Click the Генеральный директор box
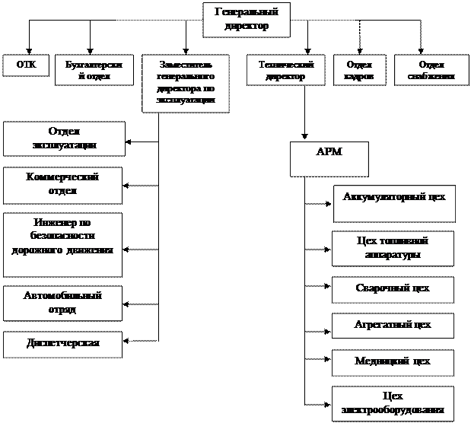tap(247, 19)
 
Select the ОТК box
tap(26, 65)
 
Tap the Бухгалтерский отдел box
tap(94, 71)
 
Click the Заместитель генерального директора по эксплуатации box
tap(185, 84)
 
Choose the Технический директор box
tap(285, 71)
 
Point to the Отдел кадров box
tap(359, 71)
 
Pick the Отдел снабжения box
tap(431, 71)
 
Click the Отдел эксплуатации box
tap(63, 138)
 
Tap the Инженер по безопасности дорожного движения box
tap(63, 243)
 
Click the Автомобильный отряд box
tap(63, 303)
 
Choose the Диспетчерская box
tap(63, 344)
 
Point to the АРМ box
tap(329, 158)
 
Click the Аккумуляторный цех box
tap(394, 202)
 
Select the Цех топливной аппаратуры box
tap(393, 249)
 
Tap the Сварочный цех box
tap(393, 289)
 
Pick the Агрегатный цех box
tap(393, 325)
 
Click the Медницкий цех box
tap(393, 361)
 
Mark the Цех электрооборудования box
tap(393, 403)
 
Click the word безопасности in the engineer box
tap(63, 236)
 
